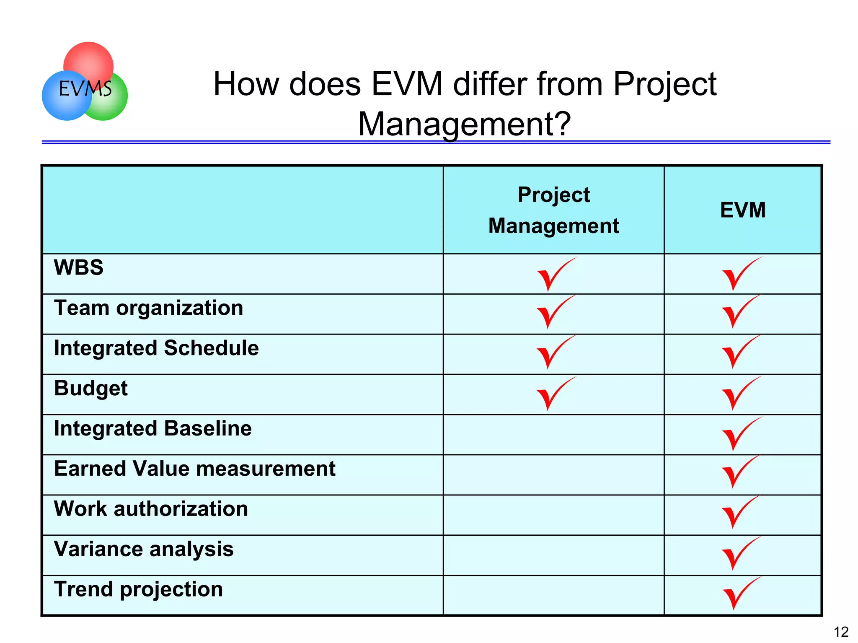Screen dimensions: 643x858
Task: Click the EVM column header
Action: pos(742,210)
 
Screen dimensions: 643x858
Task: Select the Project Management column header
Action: pos(553,210)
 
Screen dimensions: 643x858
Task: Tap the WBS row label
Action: pos(79,267)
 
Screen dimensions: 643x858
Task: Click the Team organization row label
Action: pos(149,308)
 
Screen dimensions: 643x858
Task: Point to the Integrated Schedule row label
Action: pos(157,348)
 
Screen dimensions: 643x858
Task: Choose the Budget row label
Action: pos(91,389)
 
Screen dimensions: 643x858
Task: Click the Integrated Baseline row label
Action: pos(153,429)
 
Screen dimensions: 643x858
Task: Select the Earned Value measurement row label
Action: pos(195,469)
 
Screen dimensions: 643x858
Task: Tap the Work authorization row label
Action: pos(151,509)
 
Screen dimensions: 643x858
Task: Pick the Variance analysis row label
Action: pos(144,549)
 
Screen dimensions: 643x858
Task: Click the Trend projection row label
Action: pos(139,589)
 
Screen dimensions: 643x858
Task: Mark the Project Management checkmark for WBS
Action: pos(553,275)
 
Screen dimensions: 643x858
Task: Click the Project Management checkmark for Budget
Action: pos(553,394)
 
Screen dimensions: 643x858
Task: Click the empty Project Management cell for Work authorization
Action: pos(553,515)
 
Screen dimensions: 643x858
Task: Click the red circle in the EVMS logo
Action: pos(89,59)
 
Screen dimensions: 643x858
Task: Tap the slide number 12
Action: pos(841,632)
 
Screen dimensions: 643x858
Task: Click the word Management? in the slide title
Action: pos(464,124)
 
